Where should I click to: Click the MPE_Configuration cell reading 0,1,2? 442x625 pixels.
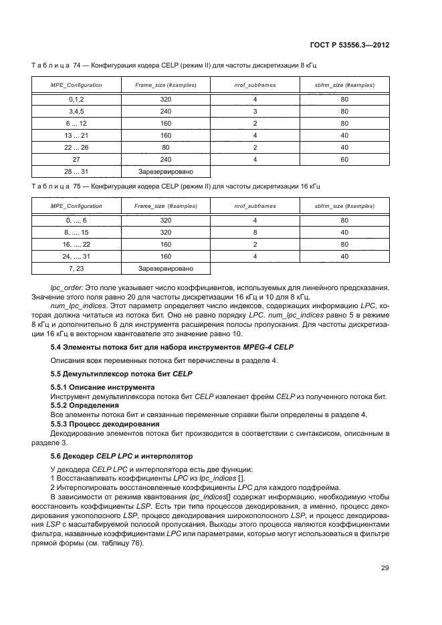[x=75, y=98]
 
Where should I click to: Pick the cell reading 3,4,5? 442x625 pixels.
[x=75, y=110]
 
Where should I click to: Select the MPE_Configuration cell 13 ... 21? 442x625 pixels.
[x=75, y=135]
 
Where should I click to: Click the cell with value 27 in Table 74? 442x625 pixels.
[x=75, y=160]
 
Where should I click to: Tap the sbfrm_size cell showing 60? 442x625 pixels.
[x=344, y=160]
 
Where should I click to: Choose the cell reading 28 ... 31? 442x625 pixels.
[x=75, y=172]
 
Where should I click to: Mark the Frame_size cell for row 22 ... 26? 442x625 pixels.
[x=164, y=147]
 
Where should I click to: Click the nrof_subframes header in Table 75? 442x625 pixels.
[x=255, y=206]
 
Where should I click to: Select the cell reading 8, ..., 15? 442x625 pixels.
[x=75, y=231]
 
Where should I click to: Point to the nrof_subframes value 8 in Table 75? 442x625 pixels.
[x=255, y=231]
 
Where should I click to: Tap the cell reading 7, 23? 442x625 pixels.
[x=75, y=268]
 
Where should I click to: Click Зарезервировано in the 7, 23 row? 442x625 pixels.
[x=164, y=268]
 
